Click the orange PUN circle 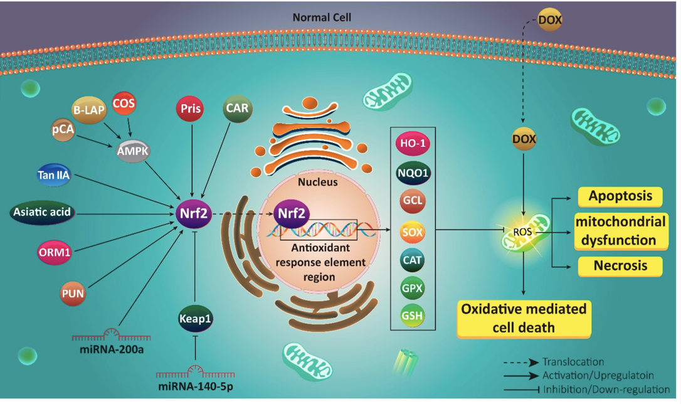point(73,293)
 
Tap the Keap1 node point(195,319)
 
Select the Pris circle point(191,109)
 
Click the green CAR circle point(237,109)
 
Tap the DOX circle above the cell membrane point(550,21)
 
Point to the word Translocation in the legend point(573,362)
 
